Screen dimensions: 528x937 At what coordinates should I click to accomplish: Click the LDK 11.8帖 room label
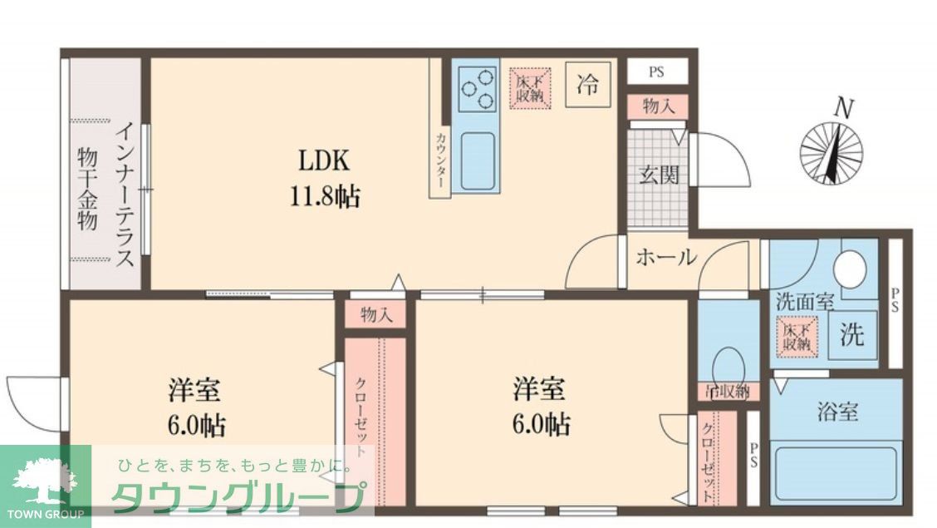coord(325,178)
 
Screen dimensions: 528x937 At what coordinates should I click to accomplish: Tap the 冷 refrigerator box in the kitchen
coord(587,85)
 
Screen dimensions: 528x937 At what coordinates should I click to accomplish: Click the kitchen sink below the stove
coord(477,157)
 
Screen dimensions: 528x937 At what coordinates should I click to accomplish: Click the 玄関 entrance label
coord(658,175)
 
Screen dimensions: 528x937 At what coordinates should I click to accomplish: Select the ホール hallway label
coord(665,258)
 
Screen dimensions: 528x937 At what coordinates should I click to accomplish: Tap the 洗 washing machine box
coord(851,334)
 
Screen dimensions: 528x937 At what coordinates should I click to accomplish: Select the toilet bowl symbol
coord(729,362)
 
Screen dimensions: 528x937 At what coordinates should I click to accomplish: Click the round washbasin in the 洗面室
coord(850,269)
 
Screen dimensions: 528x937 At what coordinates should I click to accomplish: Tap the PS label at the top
coord(656,72)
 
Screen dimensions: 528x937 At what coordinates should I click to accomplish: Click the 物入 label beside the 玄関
coord(658,106)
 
